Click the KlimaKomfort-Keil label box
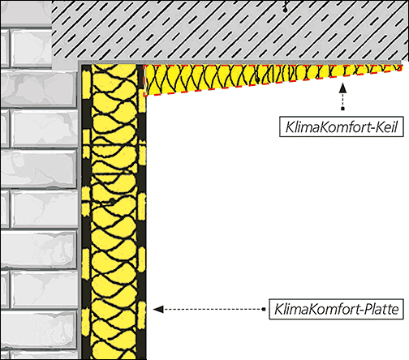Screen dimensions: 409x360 coord(342,126)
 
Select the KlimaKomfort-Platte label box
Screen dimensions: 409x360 coord(336,309)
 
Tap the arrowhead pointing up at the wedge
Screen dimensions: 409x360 coord(342,88)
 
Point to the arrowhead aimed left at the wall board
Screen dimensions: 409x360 coord(158,309)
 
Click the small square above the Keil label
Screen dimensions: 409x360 coord(342,109)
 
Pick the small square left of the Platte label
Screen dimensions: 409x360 coord(264,309)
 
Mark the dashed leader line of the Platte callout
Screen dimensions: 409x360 coord(213,309)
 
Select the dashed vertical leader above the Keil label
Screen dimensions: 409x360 coord(342,100)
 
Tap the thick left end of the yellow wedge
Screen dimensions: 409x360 coord(145,80)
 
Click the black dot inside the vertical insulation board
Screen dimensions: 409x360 coord(112,201)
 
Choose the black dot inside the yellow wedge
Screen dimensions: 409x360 coord(257,79)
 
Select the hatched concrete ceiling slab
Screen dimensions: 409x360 coord(230,30)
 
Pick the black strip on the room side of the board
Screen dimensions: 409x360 coord(142,212)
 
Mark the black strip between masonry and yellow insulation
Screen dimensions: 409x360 coord(86,212)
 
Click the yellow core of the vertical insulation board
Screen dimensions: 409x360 coord(114,212)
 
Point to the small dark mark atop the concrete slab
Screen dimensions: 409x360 coord(285,8)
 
